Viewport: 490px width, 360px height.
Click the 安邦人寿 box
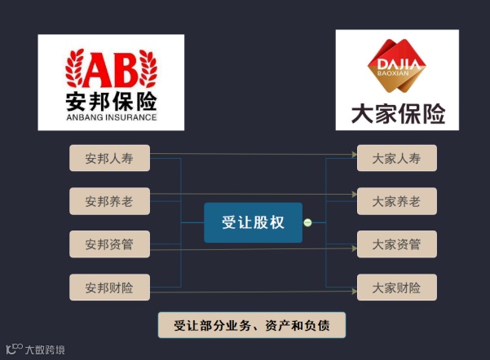(109, 158)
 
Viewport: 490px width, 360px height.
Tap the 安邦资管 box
(109, 244)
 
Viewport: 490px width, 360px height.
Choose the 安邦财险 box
(109, 287)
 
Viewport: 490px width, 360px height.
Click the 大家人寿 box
(396, 158)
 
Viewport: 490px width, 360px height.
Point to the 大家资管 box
(396, 244)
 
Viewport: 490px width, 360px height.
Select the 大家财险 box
(396, 287)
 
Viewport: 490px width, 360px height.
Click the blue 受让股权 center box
(253, 222)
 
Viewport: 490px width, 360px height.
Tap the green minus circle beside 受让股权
(307, 222)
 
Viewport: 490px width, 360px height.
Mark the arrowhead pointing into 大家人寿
(355, 153)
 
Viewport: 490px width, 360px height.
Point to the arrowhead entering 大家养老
(355, 195)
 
